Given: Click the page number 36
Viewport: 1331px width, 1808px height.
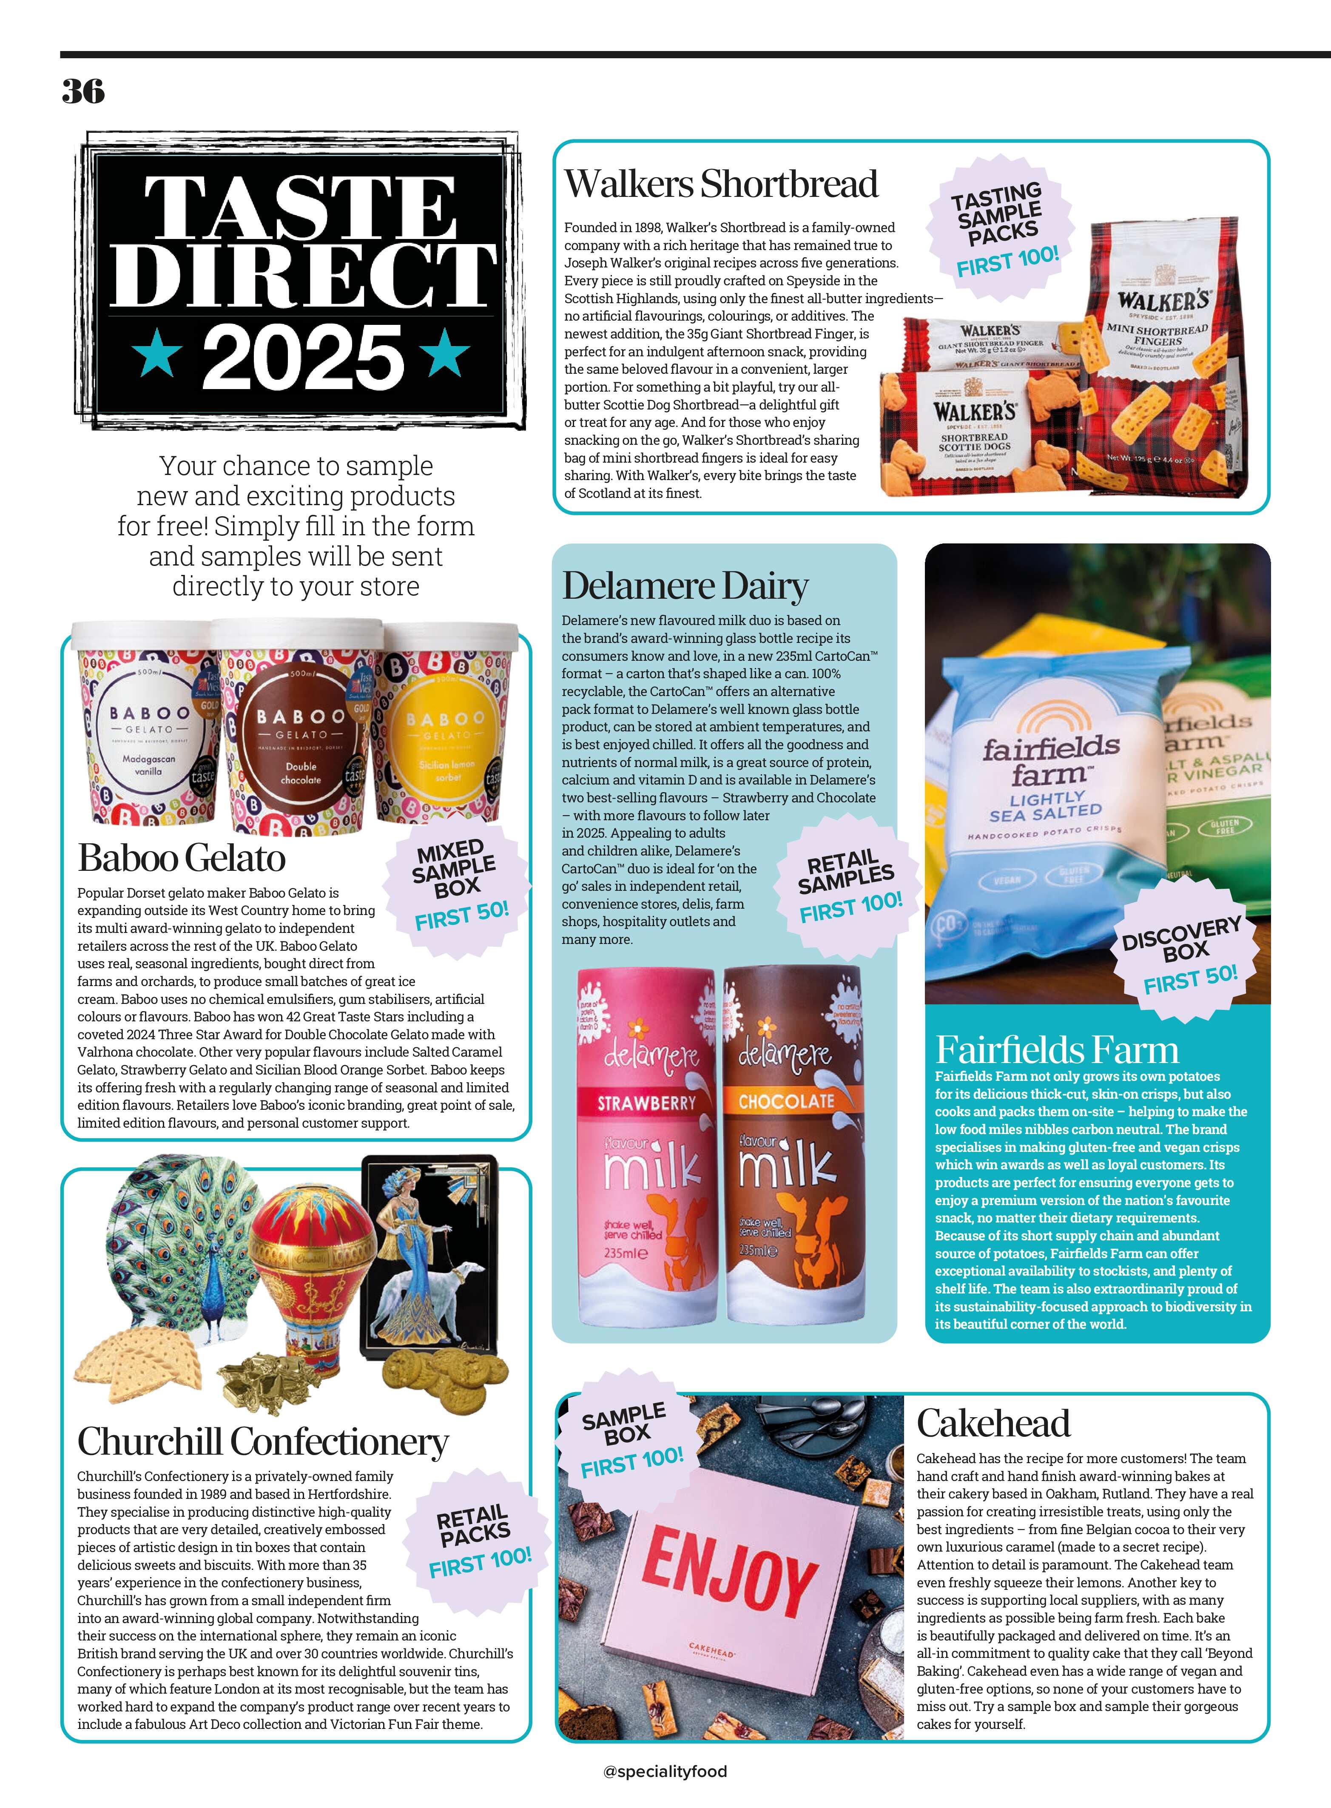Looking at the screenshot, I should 83,91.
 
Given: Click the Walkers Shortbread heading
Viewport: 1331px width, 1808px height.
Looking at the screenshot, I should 720,184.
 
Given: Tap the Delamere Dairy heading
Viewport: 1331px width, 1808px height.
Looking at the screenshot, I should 685,586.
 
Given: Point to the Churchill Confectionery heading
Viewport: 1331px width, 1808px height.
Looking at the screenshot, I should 263,1441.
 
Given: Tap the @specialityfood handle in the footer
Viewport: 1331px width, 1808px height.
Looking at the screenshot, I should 665,1771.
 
